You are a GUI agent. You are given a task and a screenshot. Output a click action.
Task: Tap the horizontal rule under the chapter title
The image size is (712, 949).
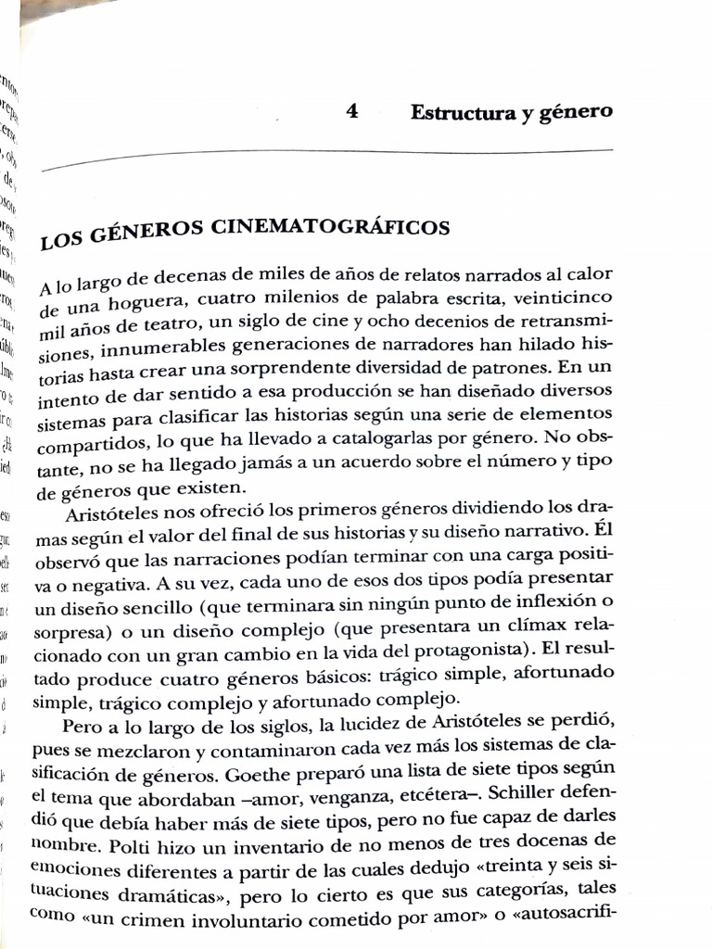[324, 158]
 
